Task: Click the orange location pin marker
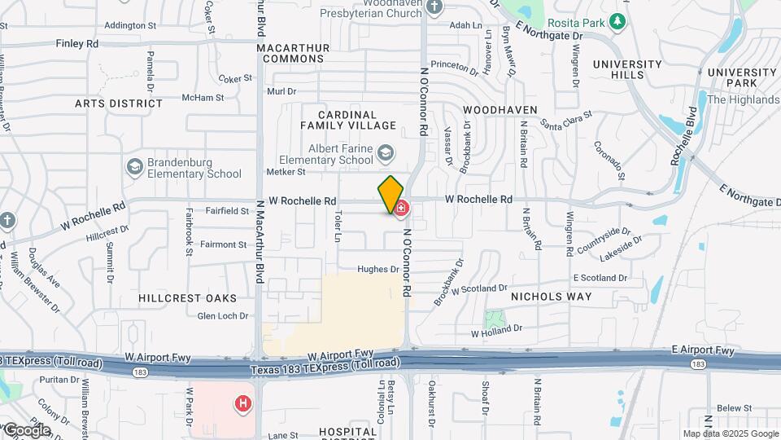(390, 195)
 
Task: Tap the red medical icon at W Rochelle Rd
(401, 209)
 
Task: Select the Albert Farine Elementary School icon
(386, 152)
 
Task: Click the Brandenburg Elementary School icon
(134, 166)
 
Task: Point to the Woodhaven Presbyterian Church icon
(434, 7)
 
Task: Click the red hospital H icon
(242, 403)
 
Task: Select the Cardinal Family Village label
(348, 120)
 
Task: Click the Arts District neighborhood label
(119, 103)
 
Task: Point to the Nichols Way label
(551, 297)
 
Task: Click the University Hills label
(627, 69)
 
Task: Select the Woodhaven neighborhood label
(500, 109)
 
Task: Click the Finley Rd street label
(76, 43)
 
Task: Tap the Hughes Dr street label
(378, 269)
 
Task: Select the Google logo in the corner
(27, 430)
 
